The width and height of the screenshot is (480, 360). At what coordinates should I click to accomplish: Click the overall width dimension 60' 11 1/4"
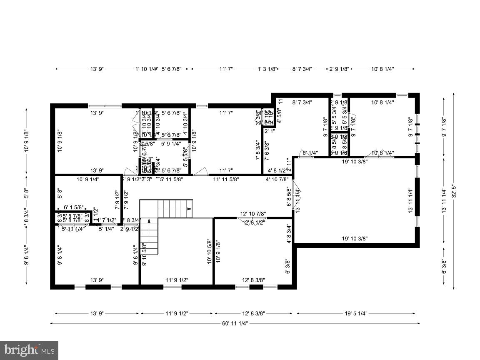235,323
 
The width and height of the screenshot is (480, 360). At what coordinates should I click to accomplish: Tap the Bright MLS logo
29,350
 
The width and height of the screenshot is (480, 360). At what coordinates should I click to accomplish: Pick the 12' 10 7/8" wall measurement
253,214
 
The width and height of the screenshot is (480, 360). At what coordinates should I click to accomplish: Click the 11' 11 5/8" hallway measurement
226,180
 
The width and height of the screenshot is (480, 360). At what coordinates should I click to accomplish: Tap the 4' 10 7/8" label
277,180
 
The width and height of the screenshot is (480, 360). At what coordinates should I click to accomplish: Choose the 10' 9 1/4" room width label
87,180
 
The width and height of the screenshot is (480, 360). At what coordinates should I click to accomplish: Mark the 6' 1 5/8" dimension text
74,207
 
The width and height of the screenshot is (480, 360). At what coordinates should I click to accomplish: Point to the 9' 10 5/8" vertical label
144,254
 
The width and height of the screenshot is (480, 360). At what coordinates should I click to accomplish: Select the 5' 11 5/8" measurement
171,180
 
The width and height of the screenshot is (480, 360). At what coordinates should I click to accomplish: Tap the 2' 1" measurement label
269,131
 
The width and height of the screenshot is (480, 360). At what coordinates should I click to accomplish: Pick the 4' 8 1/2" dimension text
277,170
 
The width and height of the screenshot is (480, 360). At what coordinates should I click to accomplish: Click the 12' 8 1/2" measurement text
253,222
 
